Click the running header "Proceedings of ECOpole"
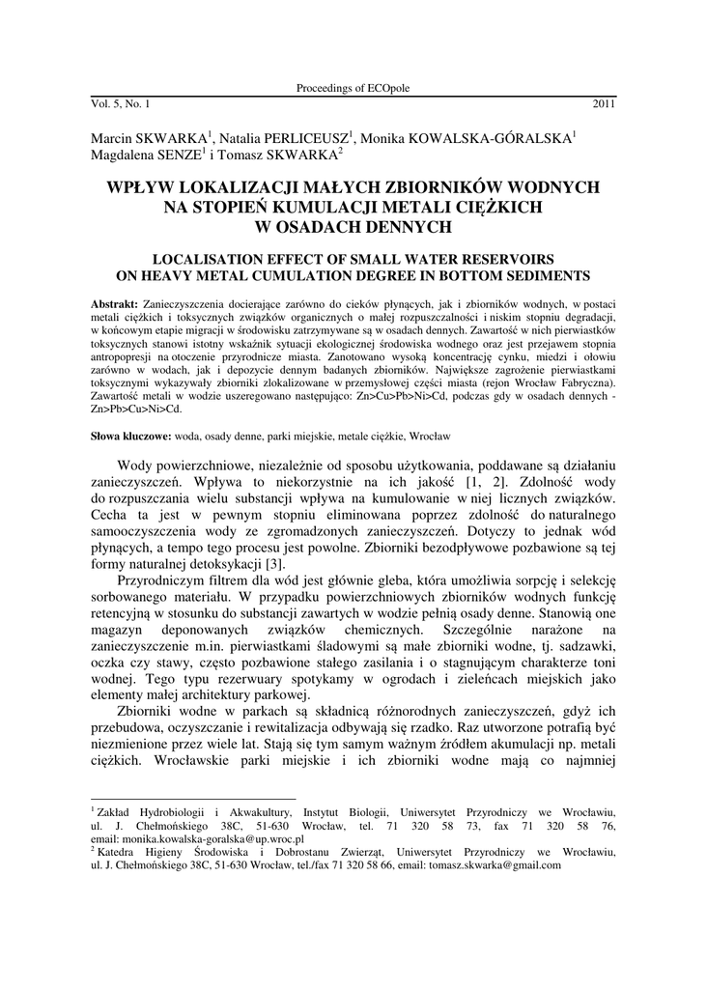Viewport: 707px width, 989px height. click(353, 88)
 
